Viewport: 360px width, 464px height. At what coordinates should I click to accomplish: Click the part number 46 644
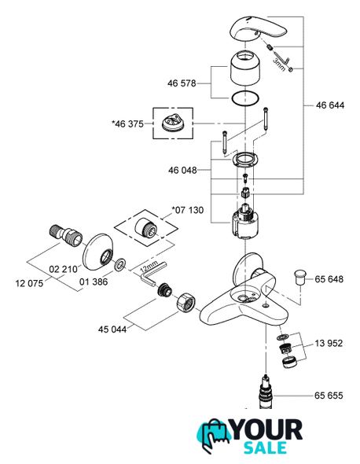(x=330, y=105)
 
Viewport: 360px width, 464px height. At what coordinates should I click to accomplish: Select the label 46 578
(x=182, y=83)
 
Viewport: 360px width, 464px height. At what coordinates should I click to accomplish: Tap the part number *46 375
(x=127, y=123)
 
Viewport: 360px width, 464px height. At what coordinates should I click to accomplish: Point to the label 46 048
(x=182, y=170)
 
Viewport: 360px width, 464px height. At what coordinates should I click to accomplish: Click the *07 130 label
(x=188, y=210)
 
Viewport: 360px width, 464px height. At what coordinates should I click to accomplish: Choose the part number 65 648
(x=329, y=279)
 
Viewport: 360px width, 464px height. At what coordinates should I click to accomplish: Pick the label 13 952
(x=329, y=343)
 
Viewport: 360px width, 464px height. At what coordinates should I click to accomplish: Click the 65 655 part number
(x=329, y=396)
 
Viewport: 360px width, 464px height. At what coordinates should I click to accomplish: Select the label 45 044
(x=112, y=329)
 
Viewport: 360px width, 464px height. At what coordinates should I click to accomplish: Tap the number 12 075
(x=29, y=283)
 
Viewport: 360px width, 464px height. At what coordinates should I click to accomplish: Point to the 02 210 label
(x=63, y=269)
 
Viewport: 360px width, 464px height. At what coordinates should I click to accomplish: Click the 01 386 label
(x=94, y=282)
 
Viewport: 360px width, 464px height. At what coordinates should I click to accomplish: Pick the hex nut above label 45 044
(x=186, y=302)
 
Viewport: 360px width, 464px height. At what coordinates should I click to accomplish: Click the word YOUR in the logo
(x=266, y=429)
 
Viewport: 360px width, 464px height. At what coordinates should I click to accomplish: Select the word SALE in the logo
(x=265, y=447)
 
